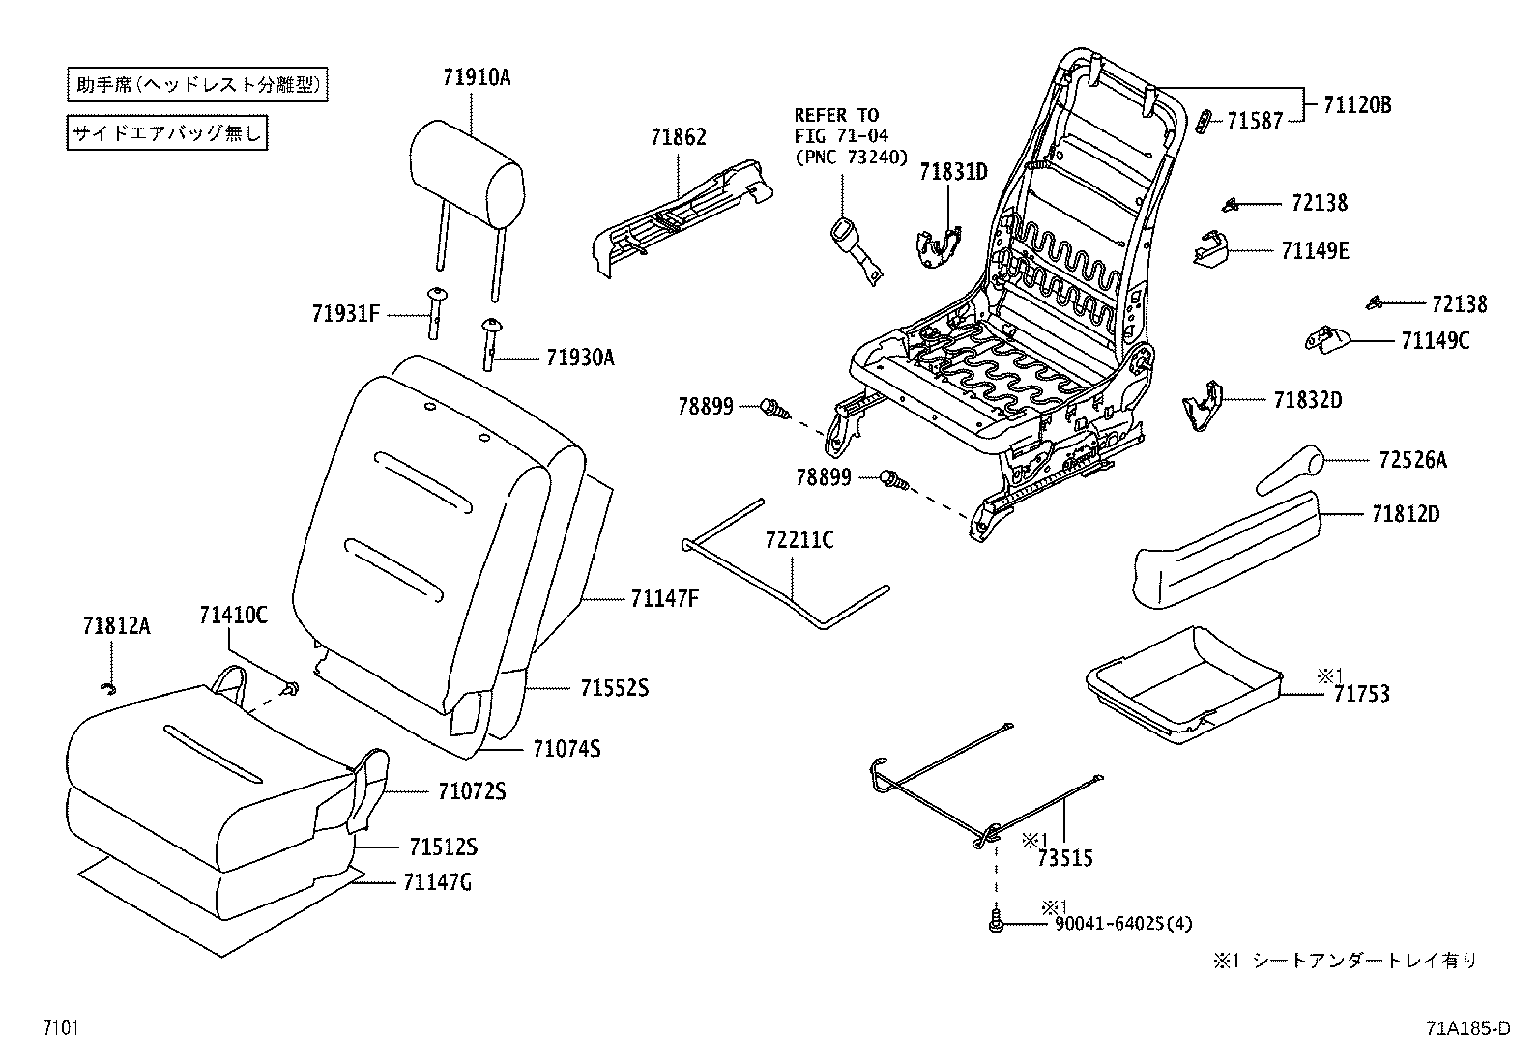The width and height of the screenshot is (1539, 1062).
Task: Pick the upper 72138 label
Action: [x=1319, y=203]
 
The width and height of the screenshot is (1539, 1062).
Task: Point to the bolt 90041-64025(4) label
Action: [x=1122, y=924]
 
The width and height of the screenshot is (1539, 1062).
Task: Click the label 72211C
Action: [x=799, y=540]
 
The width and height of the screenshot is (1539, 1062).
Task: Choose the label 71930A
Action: [x=580, y=358]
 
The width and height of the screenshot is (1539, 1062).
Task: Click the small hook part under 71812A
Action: [x=109, y=687]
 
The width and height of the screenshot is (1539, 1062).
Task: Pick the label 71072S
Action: [x=471, y=791]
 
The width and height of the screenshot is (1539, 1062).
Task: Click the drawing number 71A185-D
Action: [x=1466, y=1027]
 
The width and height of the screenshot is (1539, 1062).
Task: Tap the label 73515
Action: [x=1064, y=856]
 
